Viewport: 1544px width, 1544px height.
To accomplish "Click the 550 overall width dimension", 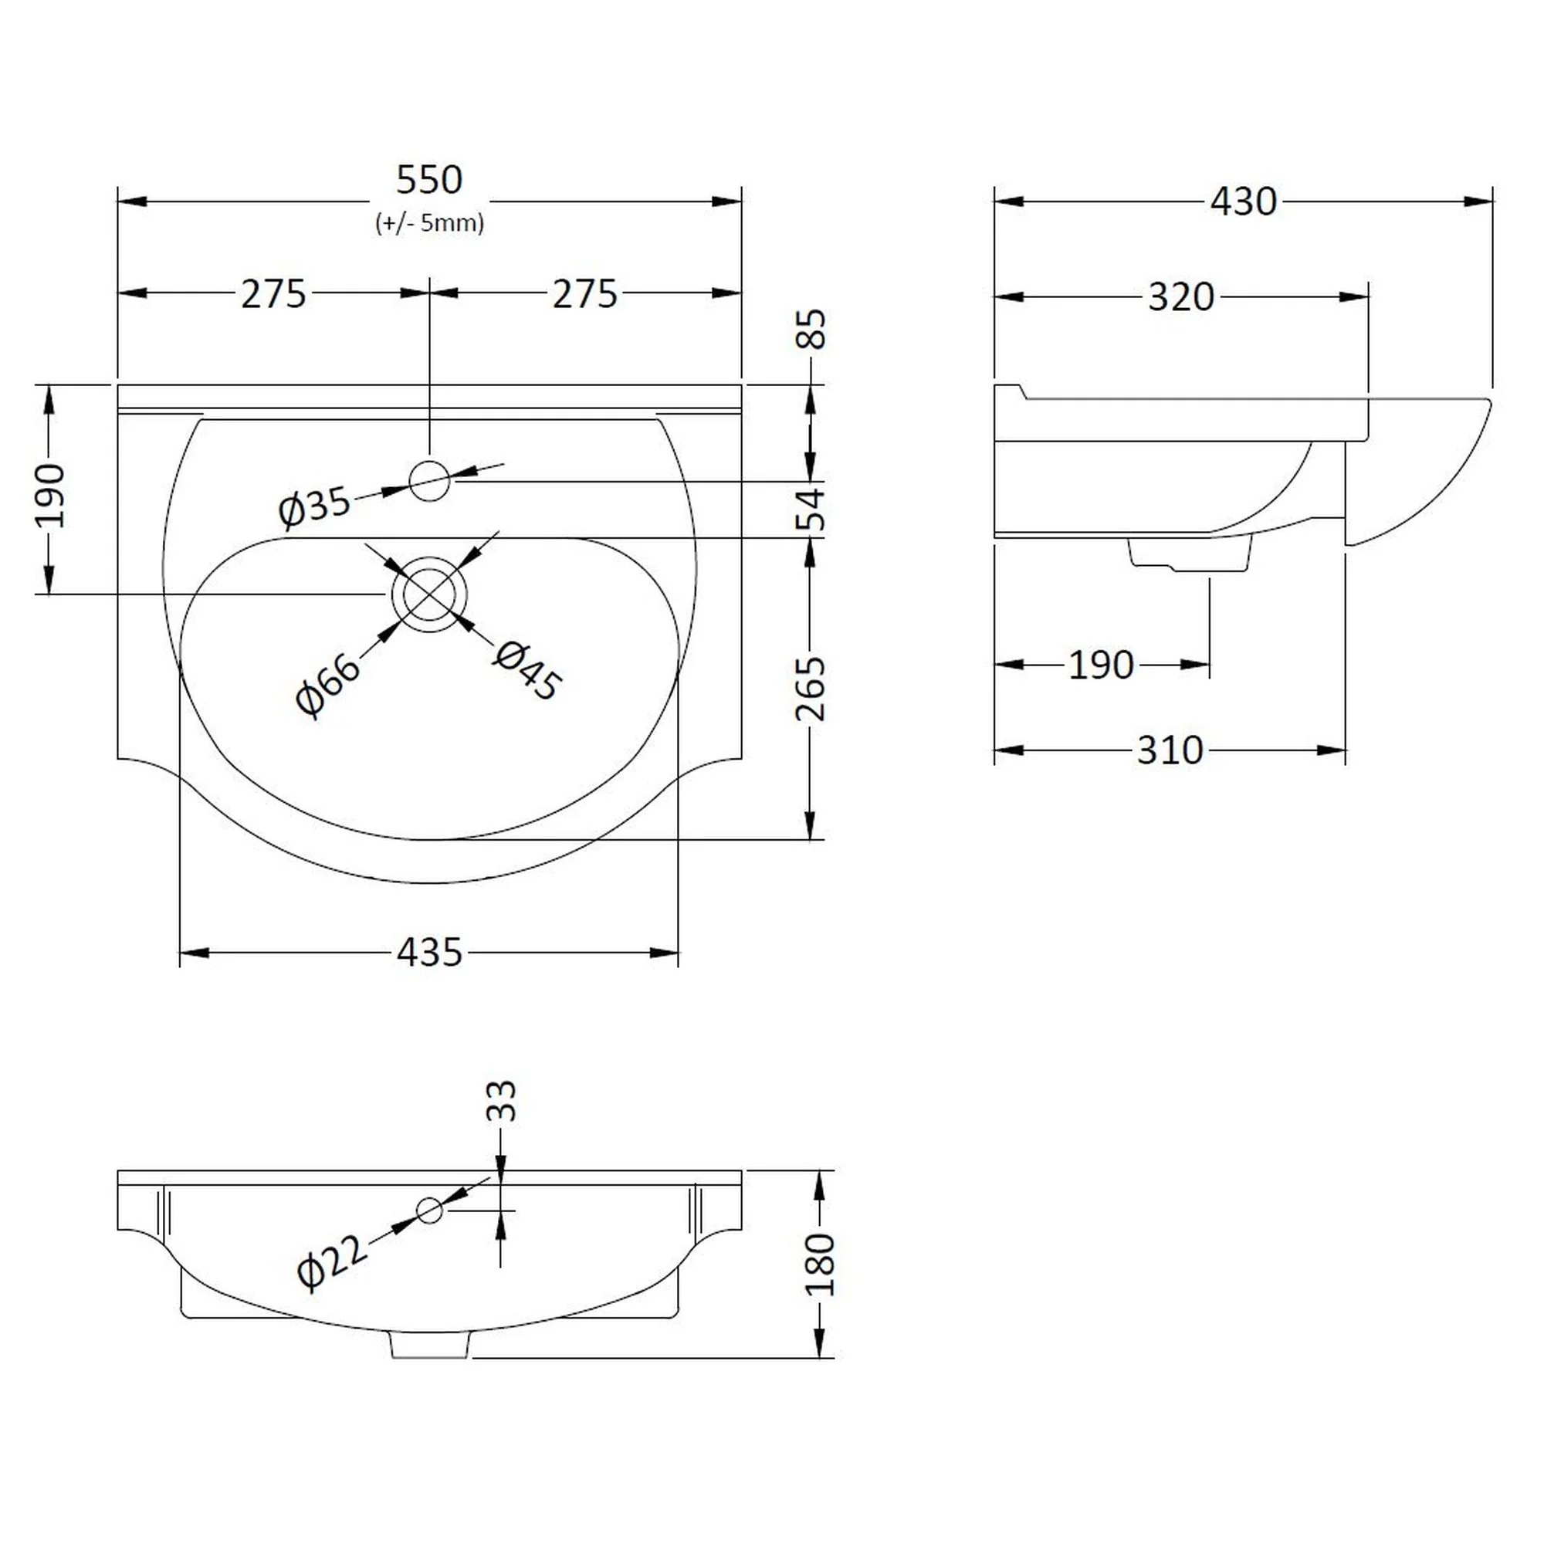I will [x=429, y=181].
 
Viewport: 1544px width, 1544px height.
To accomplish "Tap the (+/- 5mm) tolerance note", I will [x=429, y=223].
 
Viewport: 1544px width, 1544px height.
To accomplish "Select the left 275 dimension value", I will [x=273, y=294].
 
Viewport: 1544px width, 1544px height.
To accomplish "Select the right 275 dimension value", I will [x=585, y=294].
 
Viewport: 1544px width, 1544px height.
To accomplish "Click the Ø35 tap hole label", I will [x=314, y=506].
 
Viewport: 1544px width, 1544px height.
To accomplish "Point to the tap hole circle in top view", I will [x=429, y=481].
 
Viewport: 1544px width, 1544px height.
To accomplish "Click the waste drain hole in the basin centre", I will [x=429, y=594].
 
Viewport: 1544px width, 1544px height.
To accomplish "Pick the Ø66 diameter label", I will [x=327, y=686].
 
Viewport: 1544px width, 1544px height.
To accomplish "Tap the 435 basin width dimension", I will [x=429, y=953].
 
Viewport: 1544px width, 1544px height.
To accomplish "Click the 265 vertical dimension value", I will [x=811, y=688].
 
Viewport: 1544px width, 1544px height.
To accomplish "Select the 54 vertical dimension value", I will [x=811, y=509].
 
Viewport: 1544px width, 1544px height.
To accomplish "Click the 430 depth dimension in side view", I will [x=1243, y=202].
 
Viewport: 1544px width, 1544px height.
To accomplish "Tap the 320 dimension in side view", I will [x=1180, y=297].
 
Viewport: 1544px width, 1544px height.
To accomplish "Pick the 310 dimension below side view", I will [x=1169, y=750].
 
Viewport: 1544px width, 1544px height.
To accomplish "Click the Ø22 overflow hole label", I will [x=333, y=1262].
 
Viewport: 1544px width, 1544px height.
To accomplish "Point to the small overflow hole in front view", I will [x=429, y=1210].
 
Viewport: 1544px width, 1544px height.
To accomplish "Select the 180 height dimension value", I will [x=821, y=1264].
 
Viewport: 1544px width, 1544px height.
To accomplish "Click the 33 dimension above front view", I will [x=502, y=1102].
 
